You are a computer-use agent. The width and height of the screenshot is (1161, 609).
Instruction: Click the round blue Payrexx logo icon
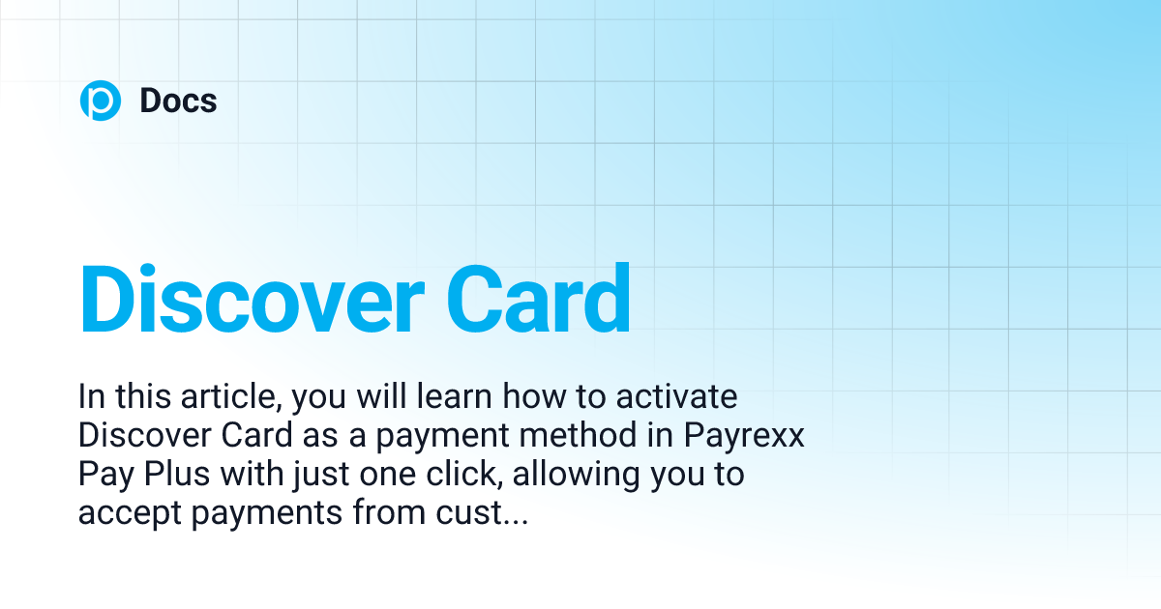point(100,101)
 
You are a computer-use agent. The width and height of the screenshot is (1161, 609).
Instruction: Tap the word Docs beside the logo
point(178,101)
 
